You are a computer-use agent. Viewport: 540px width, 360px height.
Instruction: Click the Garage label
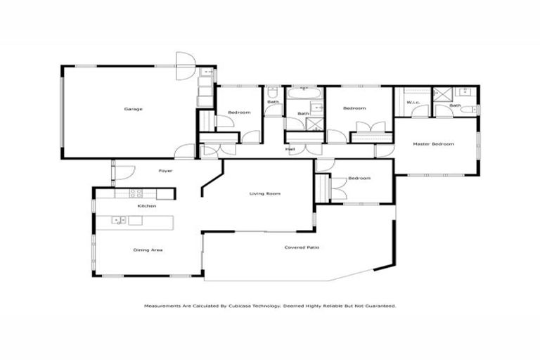134,109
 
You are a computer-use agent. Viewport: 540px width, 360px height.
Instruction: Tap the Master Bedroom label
434,144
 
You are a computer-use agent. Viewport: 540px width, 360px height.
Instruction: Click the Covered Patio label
300,247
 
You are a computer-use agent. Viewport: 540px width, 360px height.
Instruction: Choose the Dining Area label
148,250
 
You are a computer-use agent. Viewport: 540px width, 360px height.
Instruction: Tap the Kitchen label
146,206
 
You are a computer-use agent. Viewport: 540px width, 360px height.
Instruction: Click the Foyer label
165,171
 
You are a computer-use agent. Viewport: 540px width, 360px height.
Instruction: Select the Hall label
290,150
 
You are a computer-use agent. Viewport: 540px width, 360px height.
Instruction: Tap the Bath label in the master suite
456,105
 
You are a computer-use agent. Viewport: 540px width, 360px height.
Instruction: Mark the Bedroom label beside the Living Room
359,178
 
